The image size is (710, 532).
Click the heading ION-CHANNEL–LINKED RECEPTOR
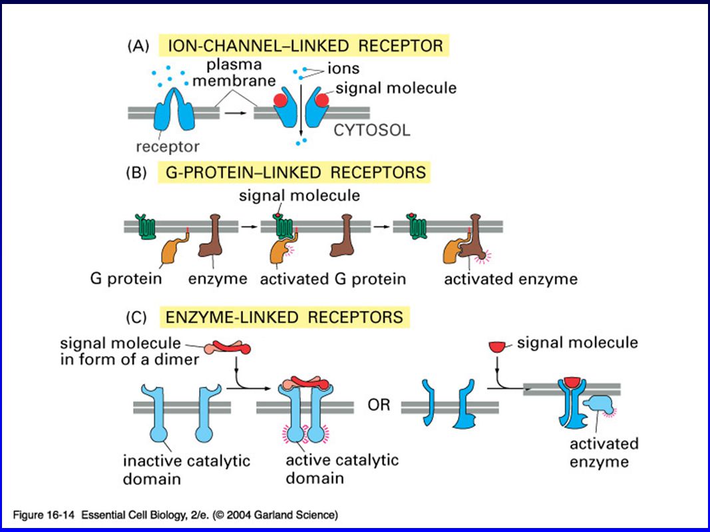[x=305, y=46]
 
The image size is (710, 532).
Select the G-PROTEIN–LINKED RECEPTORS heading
[x=295, y=172]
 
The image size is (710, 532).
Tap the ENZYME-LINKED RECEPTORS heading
[x=284, y=317]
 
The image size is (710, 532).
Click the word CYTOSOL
[x=372, y=131]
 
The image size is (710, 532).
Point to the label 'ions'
[x=343, y=69]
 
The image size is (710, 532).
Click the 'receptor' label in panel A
[x=168, y=147]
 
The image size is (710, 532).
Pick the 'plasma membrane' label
[x=234, y=73]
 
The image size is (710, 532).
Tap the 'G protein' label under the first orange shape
[x=126, y=278]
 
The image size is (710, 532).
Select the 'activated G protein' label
[x=333, y=279]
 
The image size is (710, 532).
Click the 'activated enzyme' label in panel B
[x=511, y=279]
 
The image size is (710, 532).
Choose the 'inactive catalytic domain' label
[x=186, y=470]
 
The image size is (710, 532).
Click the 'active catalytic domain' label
[x=342, y=469]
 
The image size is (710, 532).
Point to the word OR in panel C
[x=379, y=405]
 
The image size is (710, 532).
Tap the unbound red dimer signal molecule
[x=228, y=348]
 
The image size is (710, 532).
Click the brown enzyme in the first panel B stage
[x=210, y=236]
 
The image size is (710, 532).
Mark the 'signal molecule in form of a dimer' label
[x=130, y=351]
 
